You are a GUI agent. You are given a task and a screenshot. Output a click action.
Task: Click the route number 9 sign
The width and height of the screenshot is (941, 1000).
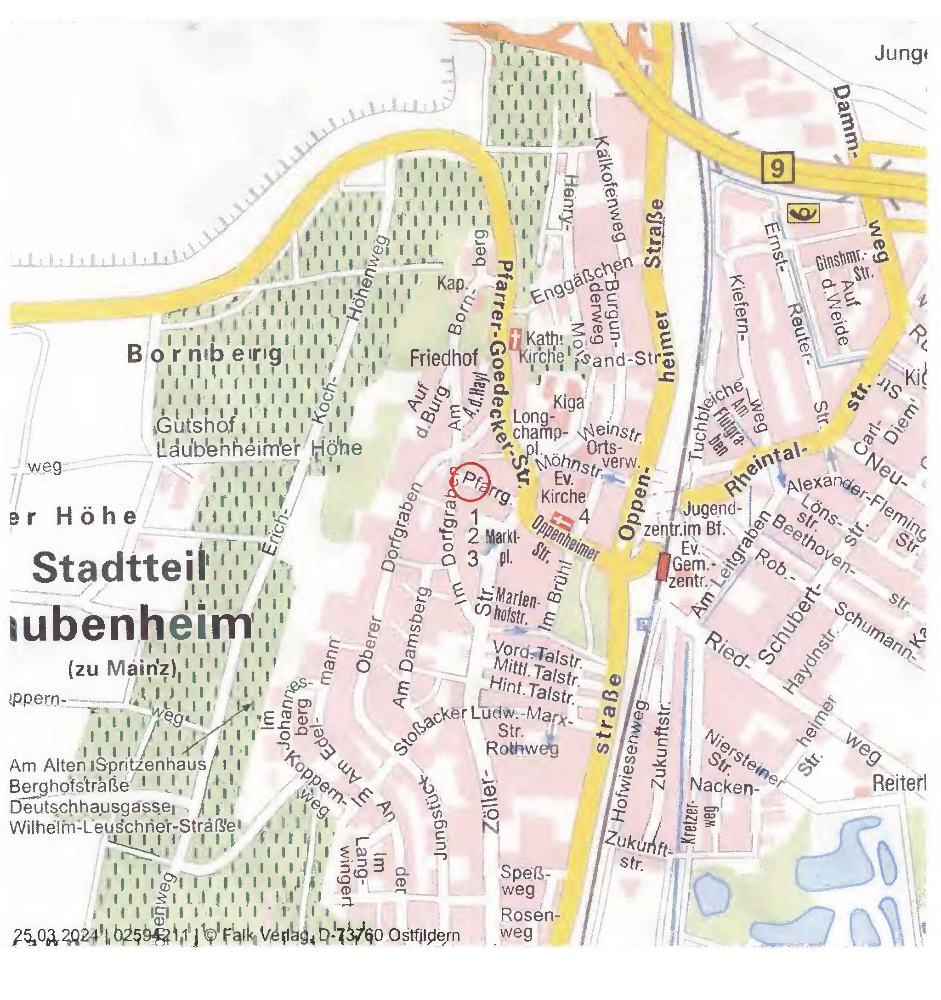tap(777, 168)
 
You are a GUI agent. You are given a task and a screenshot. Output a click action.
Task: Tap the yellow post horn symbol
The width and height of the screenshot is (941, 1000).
tap(803, 214)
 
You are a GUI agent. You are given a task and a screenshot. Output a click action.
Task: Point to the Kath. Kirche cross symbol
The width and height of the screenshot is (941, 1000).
tap(514, 339)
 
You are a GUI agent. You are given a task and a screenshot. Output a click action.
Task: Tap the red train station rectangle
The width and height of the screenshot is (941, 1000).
tap(663, 566)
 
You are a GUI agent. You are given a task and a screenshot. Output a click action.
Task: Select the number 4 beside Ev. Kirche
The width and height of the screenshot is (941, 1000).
tap(584, 516)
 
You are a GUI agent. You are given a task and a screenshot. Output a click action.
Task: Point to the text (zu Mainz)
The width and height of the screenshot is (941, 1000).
tap(122, 669)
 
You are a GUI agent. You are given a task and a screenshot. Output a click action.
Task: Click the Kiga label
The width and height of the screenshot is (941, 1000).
tap(569, 402)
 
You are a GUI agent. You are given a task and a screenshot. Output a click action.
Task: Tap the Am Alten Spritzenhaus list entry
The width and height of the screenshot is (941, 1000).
tap(108, 765)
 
